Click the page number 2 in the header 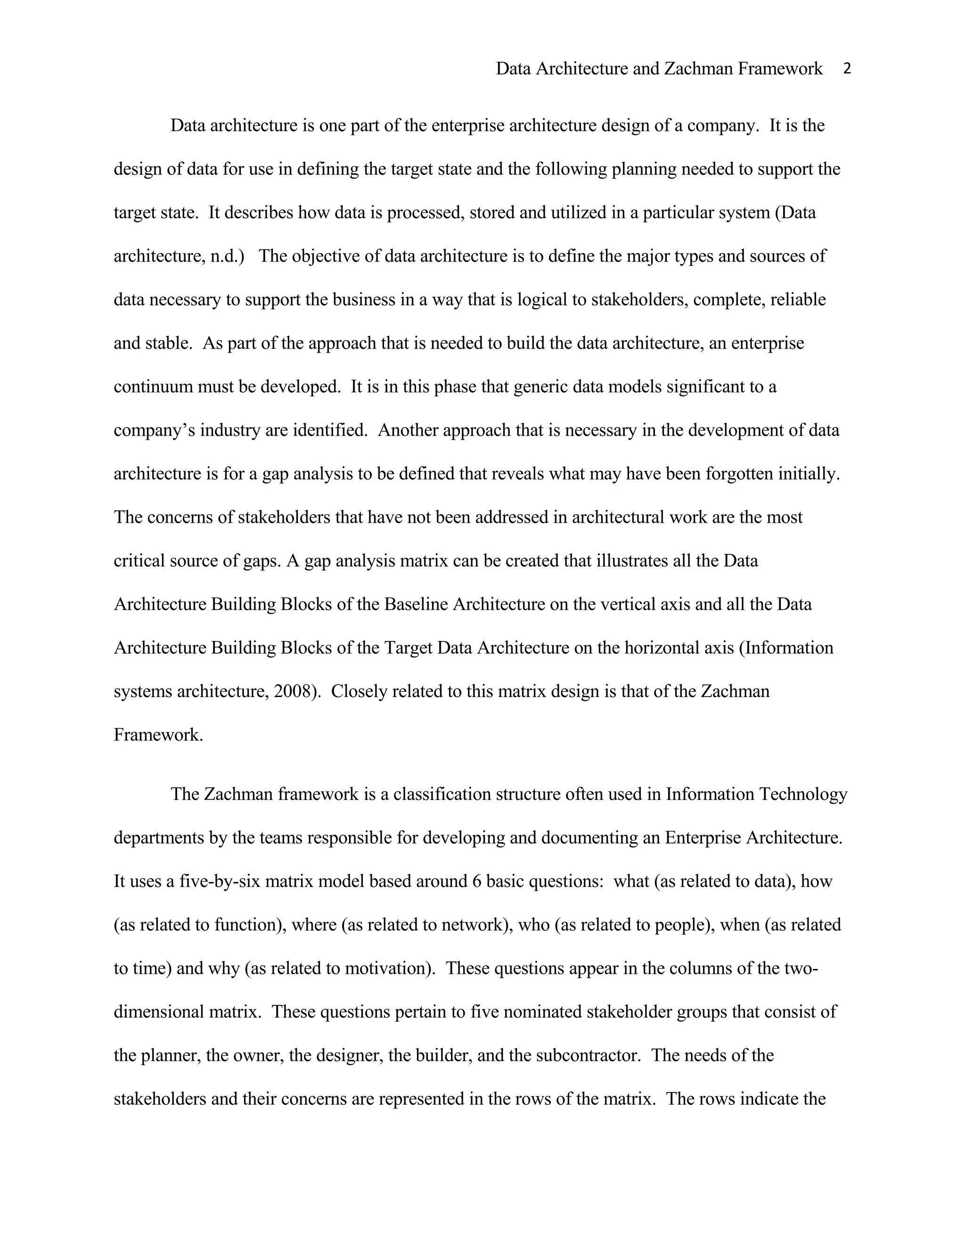pos(847,69)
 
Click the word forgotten pos(740,474)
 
